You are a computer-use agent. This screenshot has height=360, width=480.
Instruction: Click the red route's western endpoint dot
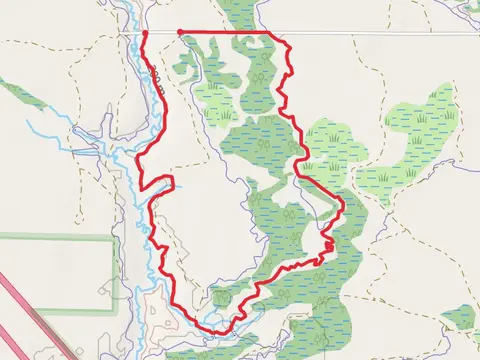[146, 33]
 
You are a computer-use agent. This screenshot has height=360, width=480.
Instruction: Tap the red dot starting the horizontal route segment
[180, 32]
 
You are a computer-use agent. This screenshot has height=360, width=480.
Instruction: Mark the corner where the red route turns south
[273, 33]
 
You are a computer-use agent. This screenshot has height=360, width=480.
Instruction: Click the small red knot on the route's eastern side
[329, 244]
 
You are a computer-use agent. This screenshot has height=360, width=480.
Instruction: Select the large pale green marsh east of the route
[400, 150]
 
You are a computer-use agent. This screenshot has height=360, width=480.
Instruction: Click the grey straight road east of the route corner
[380, 33]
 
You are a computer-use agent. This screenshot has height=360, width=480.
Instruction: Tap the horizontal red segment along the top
[225, 32]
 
